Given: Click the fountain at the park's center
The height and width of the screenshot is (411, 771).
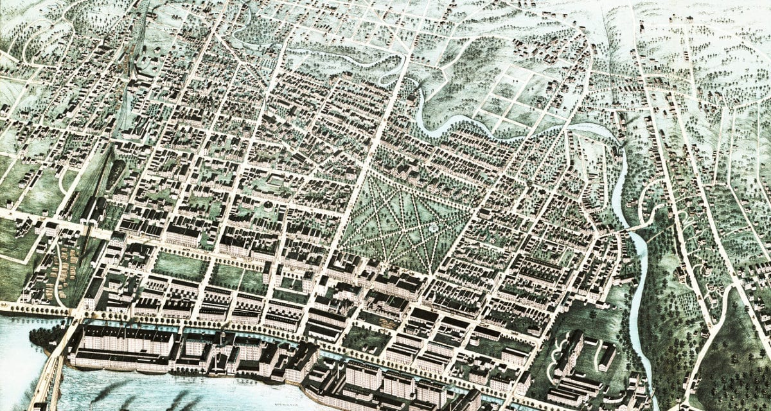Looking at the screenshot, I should coord(434,228).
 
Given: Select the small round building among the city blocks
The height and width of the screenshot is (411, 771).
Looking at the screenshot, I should coord(267,205).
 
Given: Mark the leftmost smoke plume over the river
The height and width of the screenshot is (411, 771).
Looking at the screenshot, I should coord(103,392).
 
